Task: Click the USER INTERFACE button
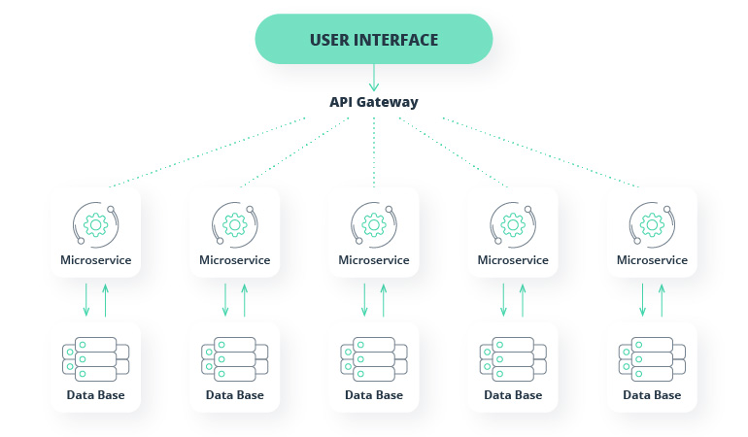pos(374,40)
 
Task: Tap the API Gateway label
pos(374,102)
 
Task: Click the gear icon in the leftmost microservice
pos(95,225)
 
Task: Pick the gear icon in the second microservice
pos(234,225)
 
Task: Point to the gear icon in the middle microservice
pos(373,225)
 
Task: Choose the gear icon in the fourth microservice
pos(512,225)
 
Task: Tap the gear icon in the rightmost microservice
pos(652,225)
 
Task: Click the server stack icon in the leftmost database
pos(89,359)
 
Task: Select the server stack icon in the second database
pos(228,359)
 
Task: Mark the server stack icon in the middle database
pos(368,359)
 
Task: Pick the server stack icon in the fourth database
pos(506,359)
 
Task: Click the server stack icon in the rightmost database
pos(646,359)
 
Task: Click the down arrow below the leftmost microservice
pos(86,299)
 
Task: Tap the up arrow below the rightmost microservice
pos(662,299)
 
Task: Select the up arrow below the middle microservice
pos(384,299)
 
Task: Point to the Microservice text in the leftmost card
pos(95,260)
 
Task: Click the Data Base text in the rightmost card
pos(652,395)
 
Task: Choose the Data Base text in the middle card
pos(374,395)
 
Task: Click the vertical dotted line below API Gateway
pos(374,151)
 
